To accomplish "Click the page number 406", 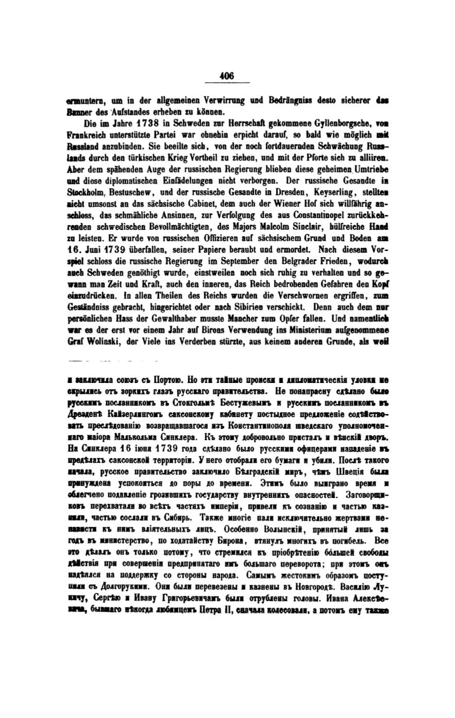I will point(226,76).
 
